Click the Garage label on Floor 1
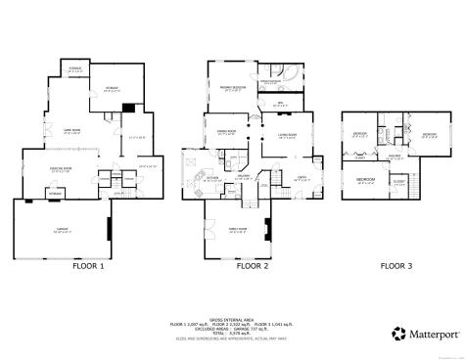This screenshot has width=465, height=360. pos(61,232)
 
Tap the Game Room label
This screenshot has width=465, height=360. pos(71,131)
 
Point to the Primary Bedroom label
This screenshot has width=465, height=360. pos(231,89)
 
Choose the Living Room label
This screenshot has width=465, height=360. pos(287,136)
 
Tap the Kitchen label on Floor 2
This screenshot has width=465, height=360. pos(212,177)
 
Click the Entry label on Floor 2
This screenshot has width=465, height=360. pos(302,177)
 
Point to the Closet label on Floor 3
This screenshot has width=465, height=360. pos(398,182)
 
